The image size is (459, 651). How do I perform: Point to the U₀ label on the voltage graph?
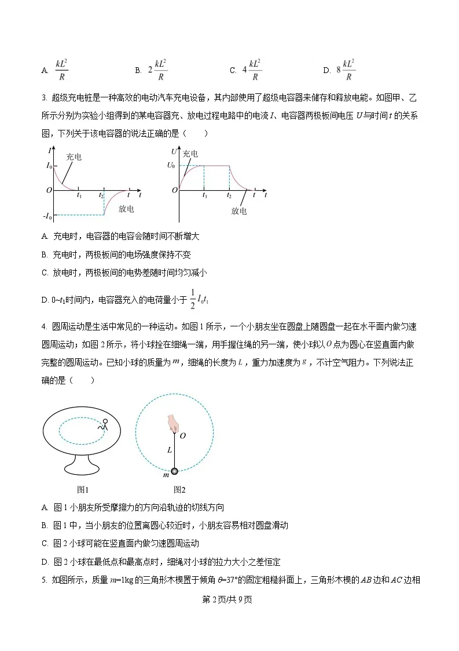point(170,166)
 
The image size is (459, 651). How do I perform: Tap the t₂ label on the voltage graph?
point(229,197)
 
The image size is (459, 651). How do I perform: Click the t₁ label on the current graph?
point(79,197)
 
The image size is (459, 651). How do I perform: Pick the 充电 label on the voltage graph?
point(190,154)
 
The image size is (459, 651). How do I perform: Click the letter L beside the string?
point(169,449)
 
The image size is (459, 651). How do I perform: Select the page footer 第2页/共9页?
point(229,599)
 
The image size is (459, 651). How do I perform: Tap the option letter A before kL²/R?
point(45,71)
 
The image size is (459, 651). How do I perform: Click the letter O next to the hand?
point(183,435)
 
